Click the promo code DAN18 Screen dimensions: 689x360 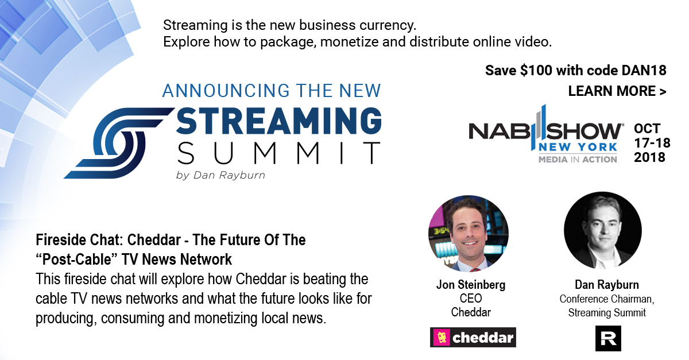point(644,71)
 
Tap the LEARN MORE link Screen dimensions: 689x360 point(617,91)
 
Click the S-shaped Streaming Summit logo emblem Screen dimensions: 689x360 point(119,143)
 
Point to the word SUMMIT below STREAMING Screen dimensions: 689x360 point(278,153)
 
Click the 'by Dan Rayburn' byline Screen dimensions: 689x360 point(220,175)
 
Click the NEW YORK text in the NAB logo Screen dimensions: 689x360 point(578,147)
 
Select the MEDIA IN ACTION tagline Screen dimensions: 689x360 point(578,160)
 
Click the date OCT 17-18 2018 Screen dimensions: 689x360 point(652,143)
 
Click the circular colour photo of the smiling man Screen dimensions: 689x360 point(468,234)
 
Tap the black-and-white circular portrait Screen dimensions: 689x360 point(603,231)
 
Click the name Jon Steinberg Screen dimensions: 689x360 point(471,285)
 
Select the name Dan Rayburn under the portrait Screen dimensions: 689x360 point(607,285)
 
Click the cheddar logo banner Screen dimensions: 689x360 point(473,338)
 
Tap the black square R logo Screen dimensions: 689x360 point(608,338)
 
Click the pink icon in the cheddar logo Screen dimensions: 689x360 point(442,338)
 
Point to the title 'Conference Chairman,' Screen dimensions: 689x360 point(607,299)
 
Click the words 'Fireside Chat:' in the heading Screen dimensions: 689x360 point(79,240)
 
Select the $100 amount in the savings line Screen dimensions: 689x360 point(536,71)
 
